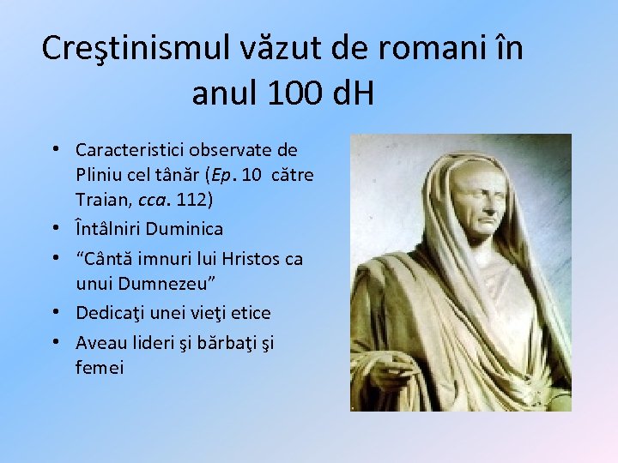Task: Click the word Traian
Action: (x=101, y=201)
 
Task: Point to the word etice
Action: (x=247, y=313)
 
